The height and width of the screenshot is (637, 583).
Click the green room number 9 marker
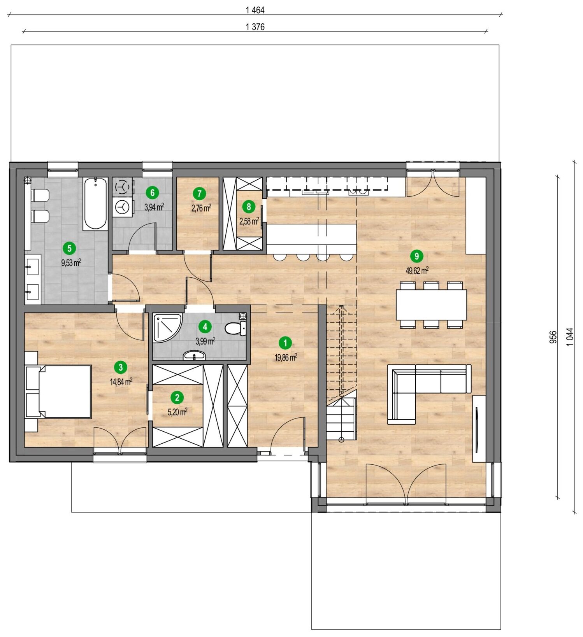[x=417, y=256]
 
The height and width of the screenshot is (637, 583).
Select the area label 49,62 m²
[x=417, y=271]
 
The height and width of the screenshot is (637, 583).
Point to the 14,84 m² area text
[x=121, y=381]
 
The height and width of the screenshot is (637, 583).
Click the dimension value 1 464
[x=255, y=10]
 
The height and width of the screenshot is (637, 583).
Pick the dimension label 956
[x=553, y=337]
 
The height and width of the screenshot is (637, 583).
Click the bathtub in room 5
[x=95, y=204]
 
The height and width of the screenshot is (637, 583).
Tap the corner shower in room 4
[x=167, y=328]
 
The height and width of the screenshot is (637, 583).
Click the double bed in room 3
[x=58, y=391]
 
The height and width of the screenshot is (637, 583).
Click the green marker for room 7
[x=199, y=193]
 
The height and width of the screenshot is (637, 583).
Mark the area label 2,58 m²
[x=249, y=221]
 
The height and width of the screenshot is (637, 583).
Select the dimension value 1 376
[x=255, y=27]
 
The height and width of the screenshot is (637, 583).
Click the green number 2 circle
[x=177, y=397]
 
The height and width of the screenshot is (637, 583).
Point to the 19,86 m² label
[x=286, y=357]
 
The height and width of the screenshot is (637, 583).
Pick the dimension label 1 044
[x=569, y=337]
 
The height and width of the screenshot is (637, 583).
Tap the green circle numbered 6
[x=152, y=192]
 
